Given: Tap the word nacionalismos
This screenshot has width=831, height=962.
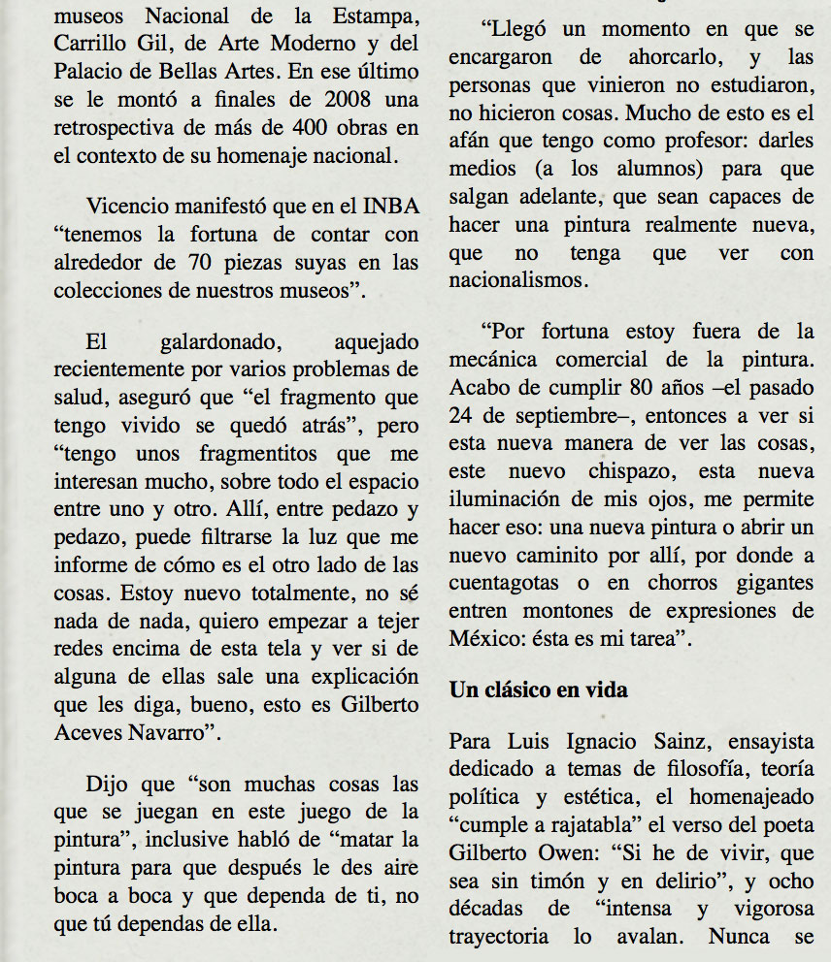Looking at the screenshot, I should click(518, 280).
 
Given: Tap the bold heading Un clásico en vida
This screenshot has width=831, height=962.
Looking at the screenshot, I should click(538, 690).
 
